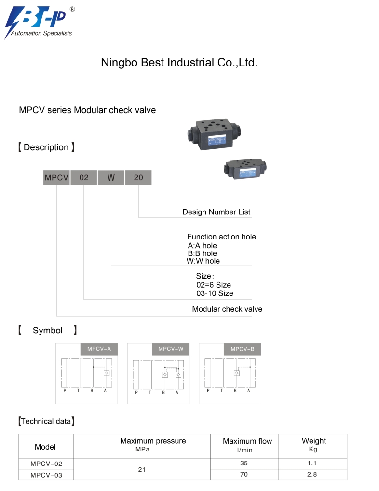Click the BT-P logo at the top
(x=39, y=22)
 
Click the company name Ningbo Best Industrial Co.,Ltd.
(x=179, y=63)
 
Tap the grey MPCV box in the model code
(x=56, y=177)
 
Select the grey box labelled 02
(x=84, y=177)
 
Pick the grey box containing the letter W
(x=111, y=177)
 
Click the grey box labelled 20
(x=138, y=177)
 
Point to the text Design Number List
(x=216, y=212)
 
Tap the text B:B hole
(x=202, y=253)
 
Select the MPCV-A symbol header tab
(x=99, y=349)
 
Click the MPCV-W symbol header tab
(x=171, y=349)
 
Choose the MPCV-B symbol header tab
(x=243, y=349)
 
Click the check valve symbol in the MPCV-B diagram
(x=237, y=373)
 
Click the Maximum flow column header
(x=247, y=445)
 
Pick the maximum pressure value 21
(x=142, y=469)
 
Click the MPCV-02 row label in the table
(x=46, y=464)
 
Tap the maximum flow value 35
(x=245, y=463)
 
